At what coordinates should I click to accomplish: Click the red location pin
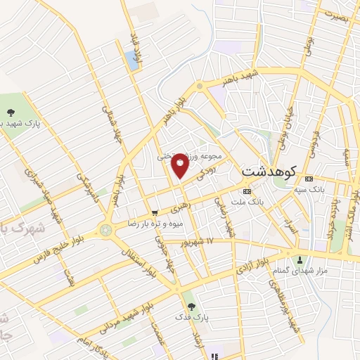[x=181, y=165]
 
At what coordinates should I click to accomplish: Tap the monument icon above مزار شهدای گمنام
[x=300, y=259]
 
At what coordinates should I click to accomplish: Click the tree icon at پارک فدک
[x=190, y=306]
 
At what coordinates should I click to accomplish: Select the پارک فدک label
[x=190, y=318]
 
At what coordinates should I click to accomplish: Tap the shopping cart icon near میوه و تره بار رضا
[x=155, y=212]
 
